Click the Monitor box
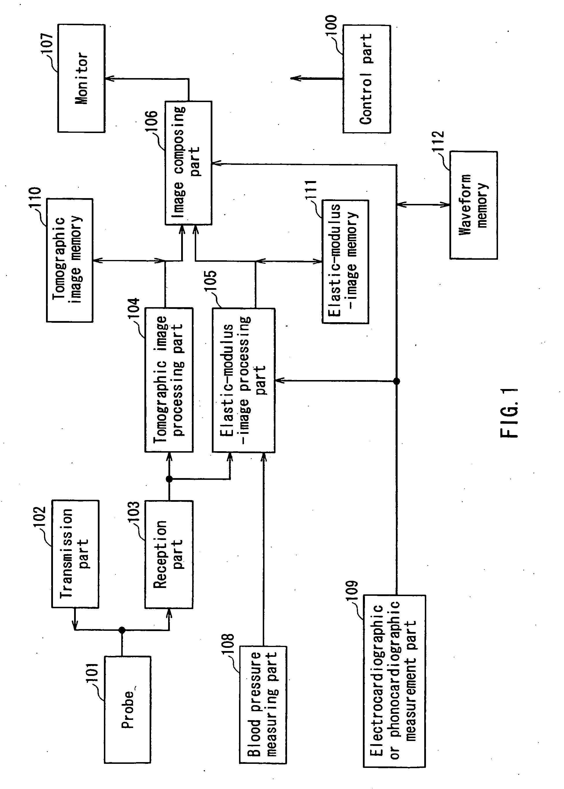81,78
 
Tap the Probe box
127,709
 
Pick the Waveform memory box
473,205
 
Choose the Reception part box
169,554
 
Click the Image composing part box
188,163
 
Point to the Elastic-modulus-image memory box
345,261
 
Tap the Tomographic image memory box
69,260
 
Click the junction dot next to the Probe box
122,630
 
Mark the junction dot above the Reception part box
169,479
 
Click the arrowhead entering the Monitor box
108,79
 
